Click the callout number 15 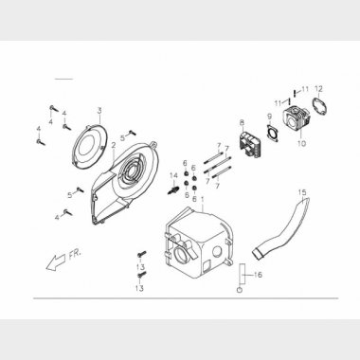coord(302,192)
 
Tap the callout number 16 coord(258,275)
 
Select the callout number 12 coord(318,89)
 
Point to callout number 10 coord(301,143)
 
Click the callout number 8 coord(242,122)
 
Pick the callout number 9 coord(269,117)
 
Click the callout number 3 coord(99,111)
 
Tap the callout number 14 coord(173,175)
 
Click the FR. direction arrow coord(56,261)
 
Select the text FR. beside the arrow coord(75,254)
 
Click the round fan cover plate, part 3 coord(89,148)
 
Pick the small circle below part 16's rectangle coord(240,290)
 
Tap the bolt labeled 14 coord(172,190)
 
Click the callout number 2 coord(114,146)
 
